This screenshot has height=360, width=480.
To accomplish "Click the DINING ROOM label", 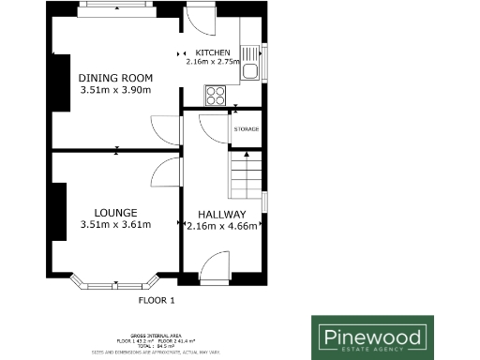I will coord(115,77).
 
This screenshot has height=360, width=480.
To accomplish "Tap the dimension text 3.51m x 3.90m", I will coord(115,90).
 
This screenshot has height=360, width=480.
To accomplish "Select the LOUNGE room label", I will coord(115,212).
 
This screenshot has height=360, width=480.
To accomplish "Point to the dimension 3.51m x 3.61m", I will coord(115,225).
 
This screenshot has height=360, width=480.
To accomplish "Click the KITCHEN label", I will coord(215,52).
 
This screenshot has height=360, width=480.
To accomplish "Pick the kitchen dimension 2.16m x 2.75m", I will coord(214,61).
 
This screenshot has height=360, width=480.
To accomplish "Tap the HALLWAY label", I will coord(223,214).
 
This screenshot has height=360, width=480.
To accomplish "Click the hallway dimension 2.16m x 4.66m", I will coord(223,226).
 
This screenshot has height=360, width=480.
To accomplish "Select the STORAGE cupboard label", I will coord(247,129).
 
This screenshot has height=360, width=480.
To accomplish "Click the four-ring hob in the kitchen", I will coord(215,94).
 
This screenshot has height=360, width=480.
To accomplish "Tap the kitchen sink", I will coord(251,69).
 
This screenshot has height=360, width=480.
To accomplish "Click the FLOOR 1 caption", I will coord(157,301).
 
